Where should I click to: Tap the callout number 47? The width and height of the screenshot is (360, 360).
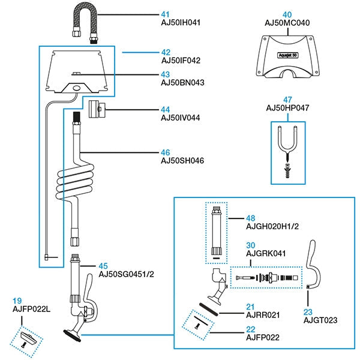[x=287, y=99]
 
